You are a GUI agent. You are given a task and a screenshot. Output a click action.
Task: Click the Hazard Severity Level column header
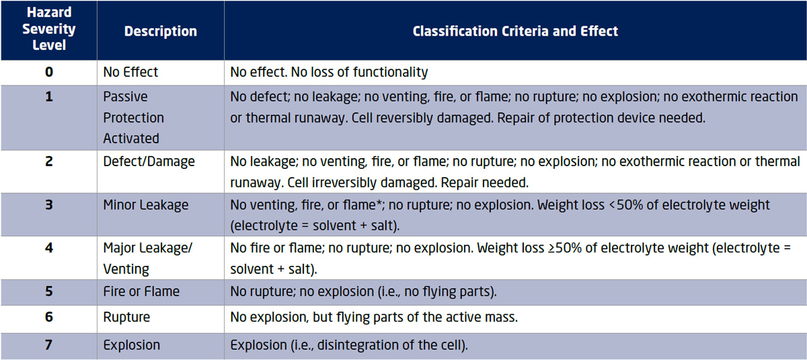click(49, 29)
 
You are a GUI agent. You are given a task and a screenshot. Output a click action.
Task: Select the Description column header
click(161, 32)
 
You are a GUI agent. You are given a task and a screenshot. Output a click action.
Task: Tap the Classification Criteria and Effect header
click(515, 31)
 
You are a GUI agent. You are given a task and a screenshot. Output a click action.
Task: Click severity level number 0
click(49, 72)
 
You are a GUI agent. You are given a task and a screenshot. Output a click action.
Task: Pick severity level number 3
click(49, 205)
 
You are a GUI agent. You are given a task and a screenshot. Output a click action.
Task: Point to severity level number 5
click(49, 291)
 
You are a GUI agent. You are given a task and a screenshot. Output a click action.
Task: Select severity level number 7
click(49, 345)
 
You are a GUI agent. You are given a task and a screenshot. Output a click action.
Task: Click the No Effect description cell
click(130, 72)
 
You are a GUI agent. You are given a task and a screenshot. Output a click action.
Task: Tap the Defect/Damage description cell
click(149, 161)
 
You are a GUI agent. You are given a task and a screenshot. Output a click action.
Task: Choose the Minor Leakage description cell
click(145, 205)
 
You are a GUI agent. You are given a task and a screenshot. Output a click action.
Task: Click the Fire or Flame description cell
click(141, 291)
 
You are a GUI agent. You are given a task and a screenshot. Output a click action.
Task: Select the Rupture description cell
click(126, 318)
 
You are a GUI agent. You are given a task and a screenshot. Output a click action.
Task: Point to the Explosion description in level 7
click(132, 345)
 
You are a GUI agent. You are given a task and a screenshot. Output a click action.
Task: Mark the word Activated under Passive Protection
click(131, 139)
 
